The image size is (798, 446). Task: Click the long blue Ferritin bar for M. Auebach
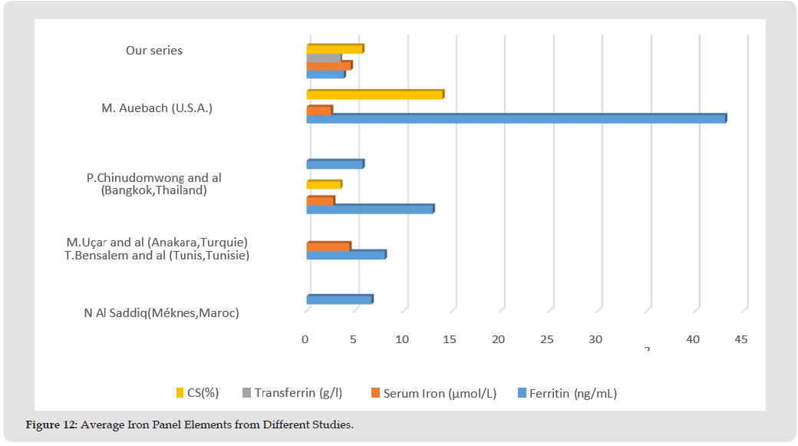coord(516,118)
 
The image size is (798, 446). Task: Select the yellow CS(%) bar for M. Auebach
coord(374,94)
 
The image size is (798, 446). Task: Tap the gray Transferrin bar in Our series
coord(324,58)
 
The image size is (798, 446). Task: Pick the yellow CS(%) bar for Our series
coord(335,48)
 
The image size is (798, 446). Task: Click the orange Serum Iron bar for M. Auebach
coord(319,111)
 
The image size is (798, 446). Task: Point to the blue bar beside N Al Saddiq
coord(339,299)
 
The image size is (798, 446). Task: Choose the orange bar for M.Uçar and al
coord(328,246)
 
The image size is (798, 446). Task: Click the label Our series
coord(154,51)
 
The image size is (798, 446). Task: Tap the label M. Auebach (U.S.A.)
coord(157,108)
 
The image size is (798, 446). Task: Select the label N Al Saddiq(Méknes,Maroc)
coord(161,313)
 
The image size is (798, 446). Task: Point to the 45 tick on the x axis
coord(740,339)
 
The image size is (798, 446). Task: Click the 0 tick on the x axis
coord(305,339)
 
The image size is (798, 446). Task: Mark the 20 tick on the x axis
coord(498,339)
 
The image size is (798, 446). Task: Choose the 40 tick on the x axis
coord(692,339)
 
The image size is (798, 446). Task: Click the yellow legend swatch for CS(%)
coord(180,393)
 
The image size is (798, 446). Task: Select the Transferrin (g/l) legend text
coord(298,393)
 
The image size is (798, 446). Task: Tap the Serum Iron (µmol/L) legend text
coord(440,394)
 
